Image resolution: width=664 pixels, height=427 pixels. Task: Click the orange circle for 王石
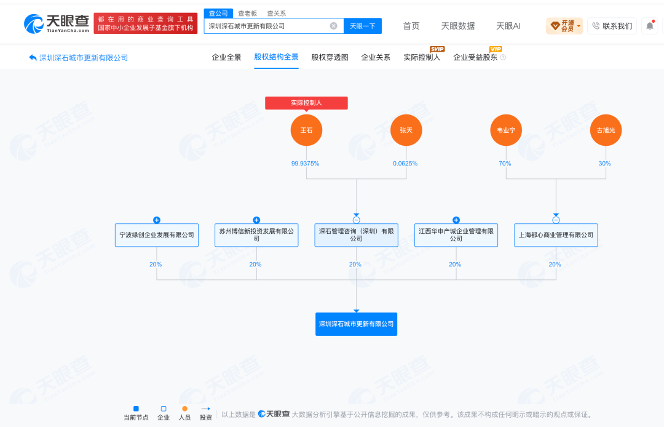pos(306,130)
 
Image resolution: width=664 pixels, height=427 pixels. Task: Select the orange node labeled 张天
pos(406,130)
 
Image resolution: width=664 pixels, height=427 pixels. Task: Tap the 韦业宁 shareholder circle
pos(506,130)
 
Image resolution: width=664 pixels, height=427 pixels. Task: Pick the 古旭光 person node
pos(606,130)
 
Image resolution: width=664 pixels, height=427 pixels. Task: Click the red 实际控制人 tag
pos(307,103)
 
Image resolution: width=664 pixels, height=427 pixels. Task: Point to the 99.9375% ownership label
pos(306,164)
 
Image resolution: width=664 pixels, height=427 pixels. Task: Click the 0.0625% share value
pos(405,164)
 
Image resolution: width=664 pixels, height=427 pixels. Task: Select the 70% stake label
pos(505,164)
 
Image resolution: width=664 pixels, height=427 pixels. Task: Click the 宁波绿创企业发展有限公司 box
pos(157,235)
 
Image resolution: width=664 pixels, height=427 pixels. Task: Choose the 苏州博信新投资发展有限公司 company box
pos(256,235)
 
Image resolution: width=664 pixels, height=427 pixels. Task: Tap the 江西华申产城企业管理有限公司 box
pos(456,235)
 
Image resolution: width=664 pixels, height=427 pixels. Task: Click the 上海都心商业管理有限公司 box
pos(556,235)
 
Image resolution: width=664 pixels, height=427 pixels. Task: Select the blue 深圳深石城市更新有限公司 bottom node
pos(356,324)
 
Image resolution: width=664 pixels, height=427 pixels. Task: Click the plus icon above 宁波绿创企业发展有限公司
pos(157,220)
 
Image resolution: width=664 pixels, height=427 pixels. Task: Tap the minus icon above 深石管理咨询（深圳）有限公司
pos(356,220)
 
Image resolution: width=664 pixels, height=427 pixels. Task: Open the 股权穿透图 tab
pos(330,57)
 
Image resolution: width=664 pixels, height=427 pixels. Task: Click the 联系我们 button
pos(612,26)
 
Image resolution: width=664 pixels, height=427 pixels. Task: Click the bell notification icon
pos(650,26)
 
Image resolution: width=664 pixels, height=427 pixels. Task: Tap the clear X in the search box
pos(334,26)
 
